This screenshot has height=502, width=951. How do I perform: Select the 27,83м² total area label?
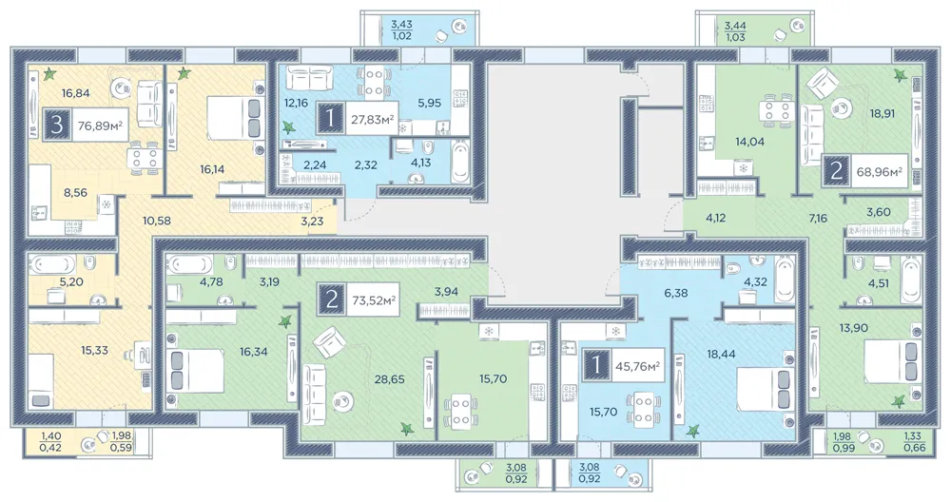372,119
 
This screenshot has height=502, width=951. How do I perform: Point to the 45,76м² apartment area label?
637,366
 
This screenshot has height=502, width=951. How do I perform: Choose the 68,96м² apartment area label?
878,173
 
